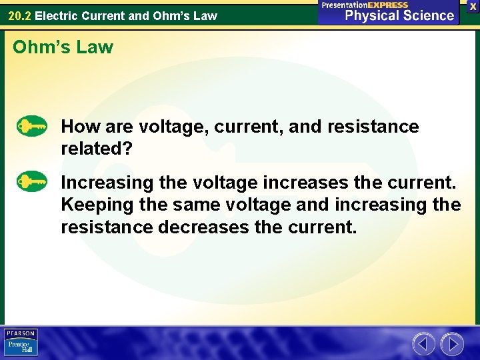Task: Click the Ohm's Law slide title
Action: click(x=63, y=47)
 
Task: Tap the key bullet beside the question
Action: click(x=31, y=126)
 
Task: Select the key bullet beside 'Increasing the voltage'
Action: click(x=31, y=181)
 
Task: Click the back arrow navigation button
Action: click(x=423, y=343)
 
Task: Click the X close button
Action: click(x=473, y=6)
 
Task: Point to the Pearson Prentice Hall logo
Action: click(x=21, y=342)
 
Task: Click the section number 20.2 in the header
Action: click(x=19, y=15)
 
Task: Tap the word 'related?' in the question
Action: click(x=97, y=149)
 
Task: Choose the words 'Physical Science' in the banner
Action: click(x=400, y=15)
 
